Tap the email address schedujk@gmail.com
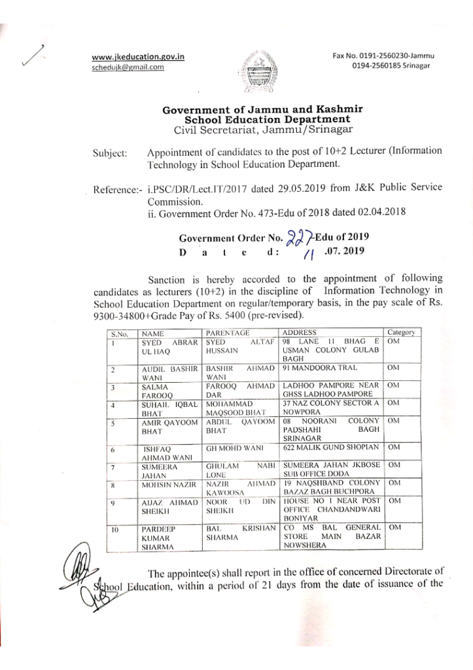point(128,67)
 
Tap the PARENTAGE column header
point(228,333)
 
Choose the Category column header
point(400,333)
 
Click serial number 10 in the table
point(114,527)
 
